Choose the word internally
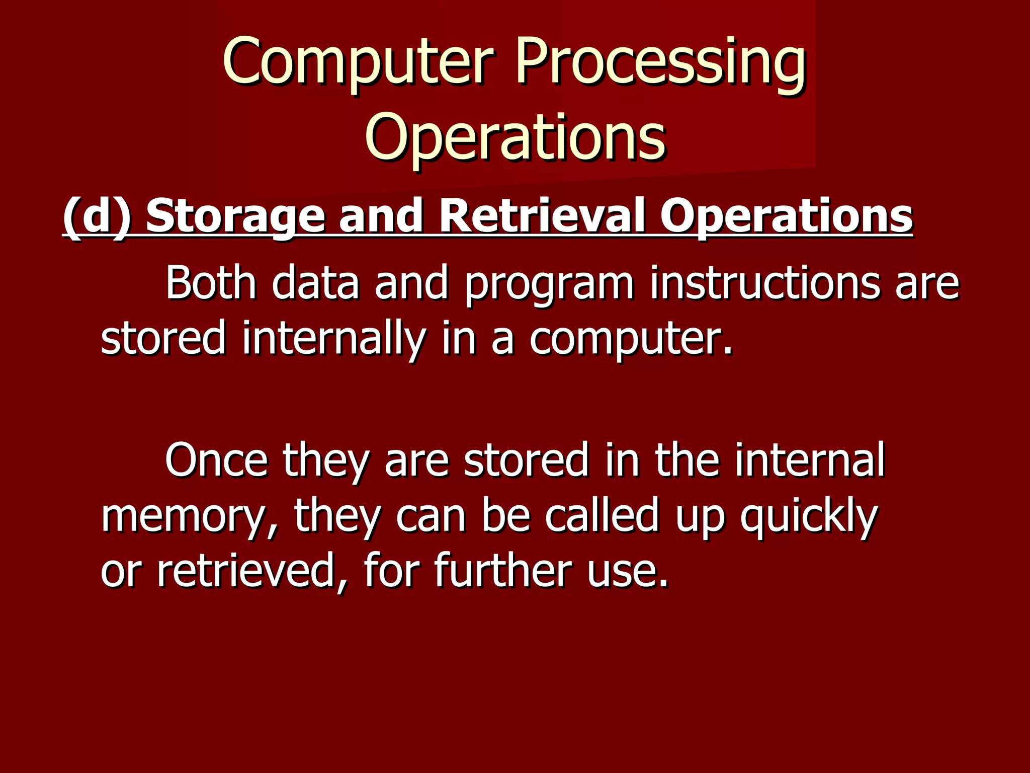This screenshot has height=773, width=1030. [x=334, y=339]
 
